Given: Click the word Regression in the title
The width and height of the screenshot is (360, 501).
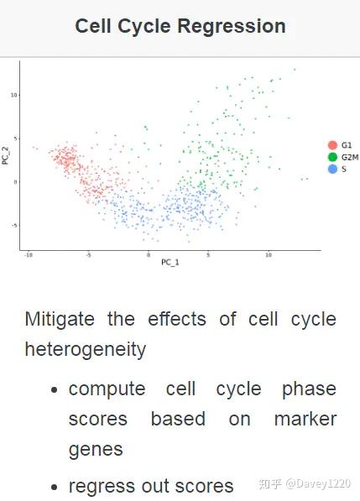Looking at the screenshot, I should coord(233,26).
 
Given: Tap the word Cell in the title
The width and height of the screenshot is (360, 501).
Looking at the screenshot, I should coord(93,26).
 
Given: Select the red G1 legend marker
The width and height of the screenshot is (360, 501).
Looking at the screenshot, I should coord(333,145).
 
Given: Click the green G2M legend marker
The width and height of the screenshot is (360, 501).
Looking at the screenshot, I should coord(333,157).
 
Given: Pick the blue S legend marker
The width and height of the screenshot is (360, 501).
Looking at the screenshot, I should coord(333,169).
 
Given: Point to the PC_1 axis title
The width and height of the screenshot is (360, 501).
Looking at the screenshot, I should coord(170,263).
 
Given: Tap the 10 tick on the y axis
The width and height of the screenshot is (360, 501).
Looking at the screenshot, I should coord(14,95).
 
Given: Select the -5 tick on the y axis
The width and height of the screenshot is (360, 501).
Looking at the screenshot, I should coord(14,225).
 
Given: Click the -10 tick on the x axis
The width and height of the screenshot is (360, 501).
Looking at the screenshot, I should coord(29,254).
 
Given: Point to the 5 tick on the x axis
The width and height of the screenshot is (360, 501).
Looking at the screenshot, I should coord(209,254).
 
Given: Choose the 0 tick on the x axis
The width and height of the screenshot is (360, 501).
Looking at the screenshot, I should coord(149,254).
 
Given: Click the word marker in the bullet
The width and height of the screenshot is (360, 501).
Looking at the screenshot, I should coord(305,419).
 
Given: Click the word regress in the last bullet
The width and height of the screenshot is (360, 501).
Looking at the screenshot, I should coord(101,485).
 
